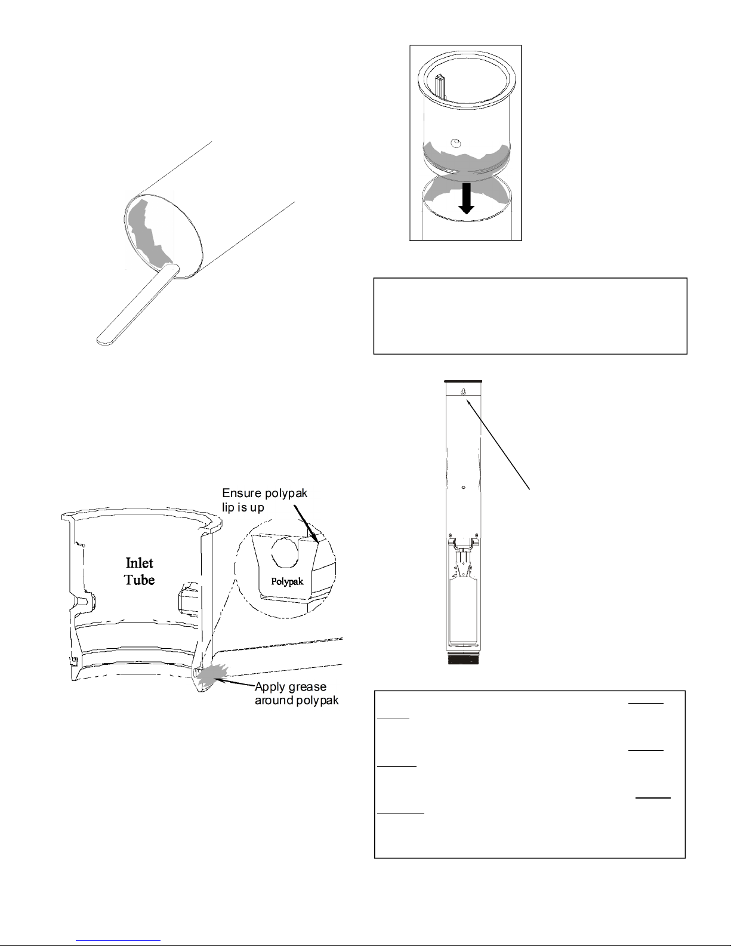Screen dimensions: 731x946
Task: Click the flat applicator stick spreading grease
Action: pyautogui.click(x=137, y=304)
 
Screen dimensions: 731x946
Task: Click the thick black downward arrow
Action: pyautogui.click(x=466, y=199)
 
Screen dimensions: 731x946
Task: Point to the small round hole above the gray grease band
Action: pyautogui.click(x=455, y=143)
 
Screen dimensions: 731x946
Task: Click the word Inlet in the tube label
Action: pyautogui.click(x=139, y=563)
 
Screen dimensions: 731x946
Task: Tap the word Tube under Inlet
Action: pyautogui.click(x=139, y=580)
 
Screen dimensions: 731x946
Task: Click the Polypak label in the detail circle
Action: pyautogui.click(x=287, y=581)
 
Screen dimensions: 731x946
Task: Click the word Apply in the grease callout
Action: pyautogui.click(x=269, y=688)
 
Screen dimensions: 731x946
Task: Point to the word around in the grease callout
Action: pyautogui.click(x=274, y=701)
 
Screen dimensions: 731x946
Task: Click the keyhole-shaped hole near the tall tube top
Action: pyautogui.click(x=464, y=392)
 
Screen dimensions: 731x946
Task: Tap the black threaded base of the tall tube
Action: pyautogui.click(x=464, y=659)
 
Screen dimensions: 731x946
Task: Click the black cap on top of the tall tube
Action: pyautogui.click(x=464, y=381)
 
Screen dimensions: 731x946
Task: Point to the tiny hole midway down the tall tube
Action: pyautogui.click(x=464, y=487)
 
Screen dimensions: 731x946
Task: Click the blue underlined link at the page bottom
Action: pyautogui.click(x=118, y=939)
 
